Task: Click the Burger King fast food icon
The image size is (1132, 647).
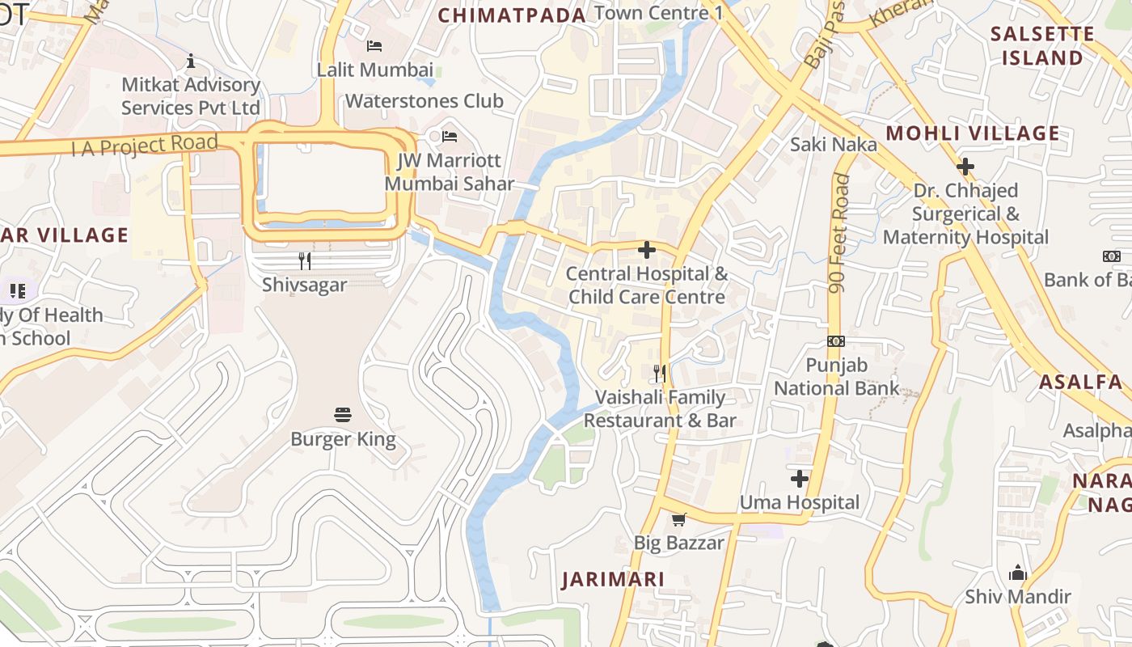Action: (x=343, y=415)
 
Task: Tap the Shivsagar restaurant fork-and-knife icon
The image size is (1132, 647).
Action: (x=305, y=260)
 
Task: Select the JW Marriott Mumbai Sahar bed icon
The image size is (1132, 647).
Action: (x=450, y=137)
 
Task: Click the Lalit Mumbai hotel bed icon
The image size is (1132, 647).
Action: (x=374, y=45)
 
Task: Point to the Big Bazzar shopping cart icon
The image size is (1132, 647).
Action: (x=678, y=519)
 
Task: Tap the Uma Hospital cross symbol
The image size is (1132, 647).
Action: (x=800, y=479)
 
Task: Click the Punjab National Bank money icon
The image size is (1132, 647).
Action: (x=836, y=341)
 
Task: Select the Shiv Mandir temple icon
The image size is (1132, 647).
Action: (x=1017, y=573)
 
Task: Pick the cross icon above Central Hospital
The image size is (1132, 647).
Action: (x=647, y=250)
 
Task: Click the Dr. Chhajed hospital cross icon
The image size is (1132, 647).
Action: (x=965, y=167)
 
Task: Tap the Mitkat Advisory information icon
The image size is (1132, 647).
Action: (x=191, y=61)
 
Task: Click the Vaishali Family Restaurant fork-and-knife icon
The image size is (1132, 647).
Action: (x=660, y=373)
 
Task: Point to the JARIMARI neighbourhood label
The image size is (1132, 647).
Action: (x=614, y=579)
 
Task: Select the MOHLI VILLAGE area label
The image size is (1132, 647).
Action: (x=973, y=133)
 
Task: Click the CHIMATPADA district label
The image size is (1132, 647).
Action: (x=512, y=15)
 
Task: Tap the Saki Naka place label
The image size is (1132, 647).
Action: (x=833, y=144)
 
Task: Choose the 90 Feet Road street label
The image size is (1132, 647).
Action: (x=839, y=234)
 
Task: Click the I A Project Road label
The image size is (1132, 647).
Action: (x=145, y=146)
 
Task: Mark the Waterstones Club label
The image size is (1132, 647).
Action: (x=424, y=101)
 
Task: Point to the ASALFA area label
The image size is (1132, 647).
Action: (x=1080, y=382)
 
